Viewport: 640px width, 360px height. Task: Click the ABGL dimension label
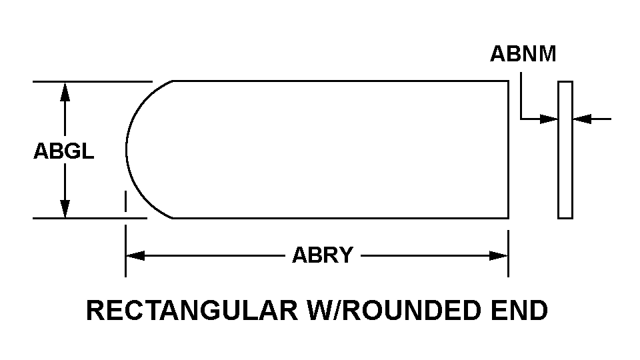coord(64,151)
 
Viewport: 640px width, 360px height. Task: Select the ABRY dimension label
coord(323,255)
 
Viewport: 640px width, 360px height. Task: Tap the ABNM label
coord(523,54)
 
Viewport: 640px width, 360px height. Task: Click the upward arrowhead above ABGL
coord(65,91)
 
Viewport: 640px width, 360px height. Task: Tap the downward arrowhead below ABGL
coord(65,208)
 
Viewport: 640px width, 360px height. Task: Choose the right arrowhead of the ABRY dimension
coord(499,255)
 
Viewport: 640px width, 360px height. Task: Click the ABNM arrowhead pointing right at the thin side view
coord(549,119)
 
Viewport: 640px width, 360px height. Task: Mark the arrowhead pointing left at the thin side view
coord(582,119)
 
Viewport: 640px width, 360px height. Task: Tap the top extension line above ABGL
coord(93,81)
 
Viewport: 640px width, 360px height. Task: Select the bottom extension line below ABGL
coord(90,218)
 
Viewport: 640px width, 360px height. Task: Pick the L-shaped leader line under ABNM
coord(522,107)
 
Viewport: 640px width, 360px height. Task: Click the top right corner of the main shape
coord(508,81)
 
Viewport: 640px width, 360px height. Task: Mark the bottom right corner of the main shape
coord(508,217)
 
